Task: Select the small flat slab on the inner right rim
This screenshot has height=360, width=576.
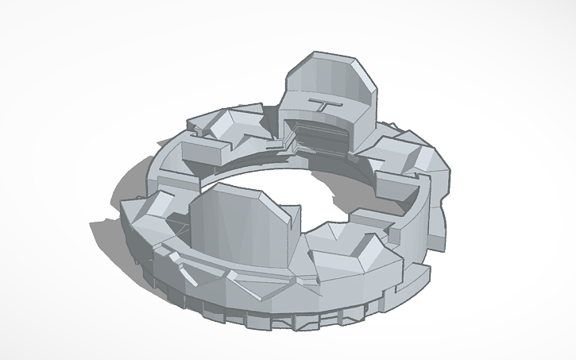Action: tap(366, 215)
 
